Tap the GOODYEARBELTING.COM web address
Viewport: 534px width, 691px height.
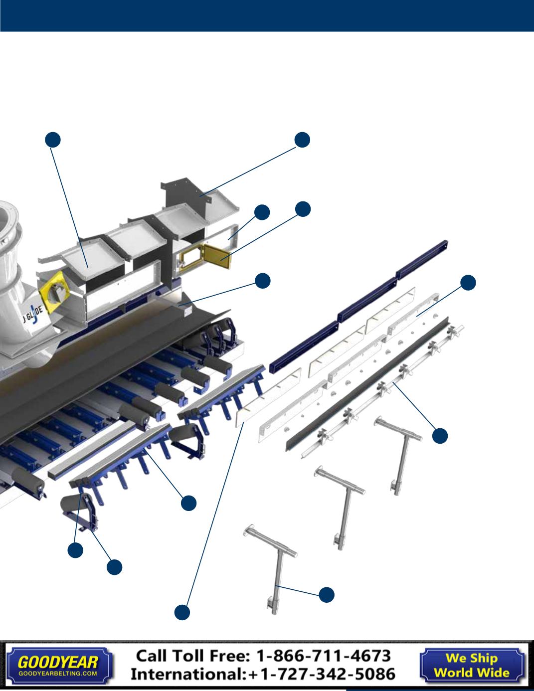click(x=57, y=673)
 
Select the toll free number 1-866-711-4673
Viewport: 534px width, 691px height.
click(x=324, y=656)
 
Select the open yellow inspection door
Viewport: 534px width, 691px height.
click(x=218, y=256)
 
